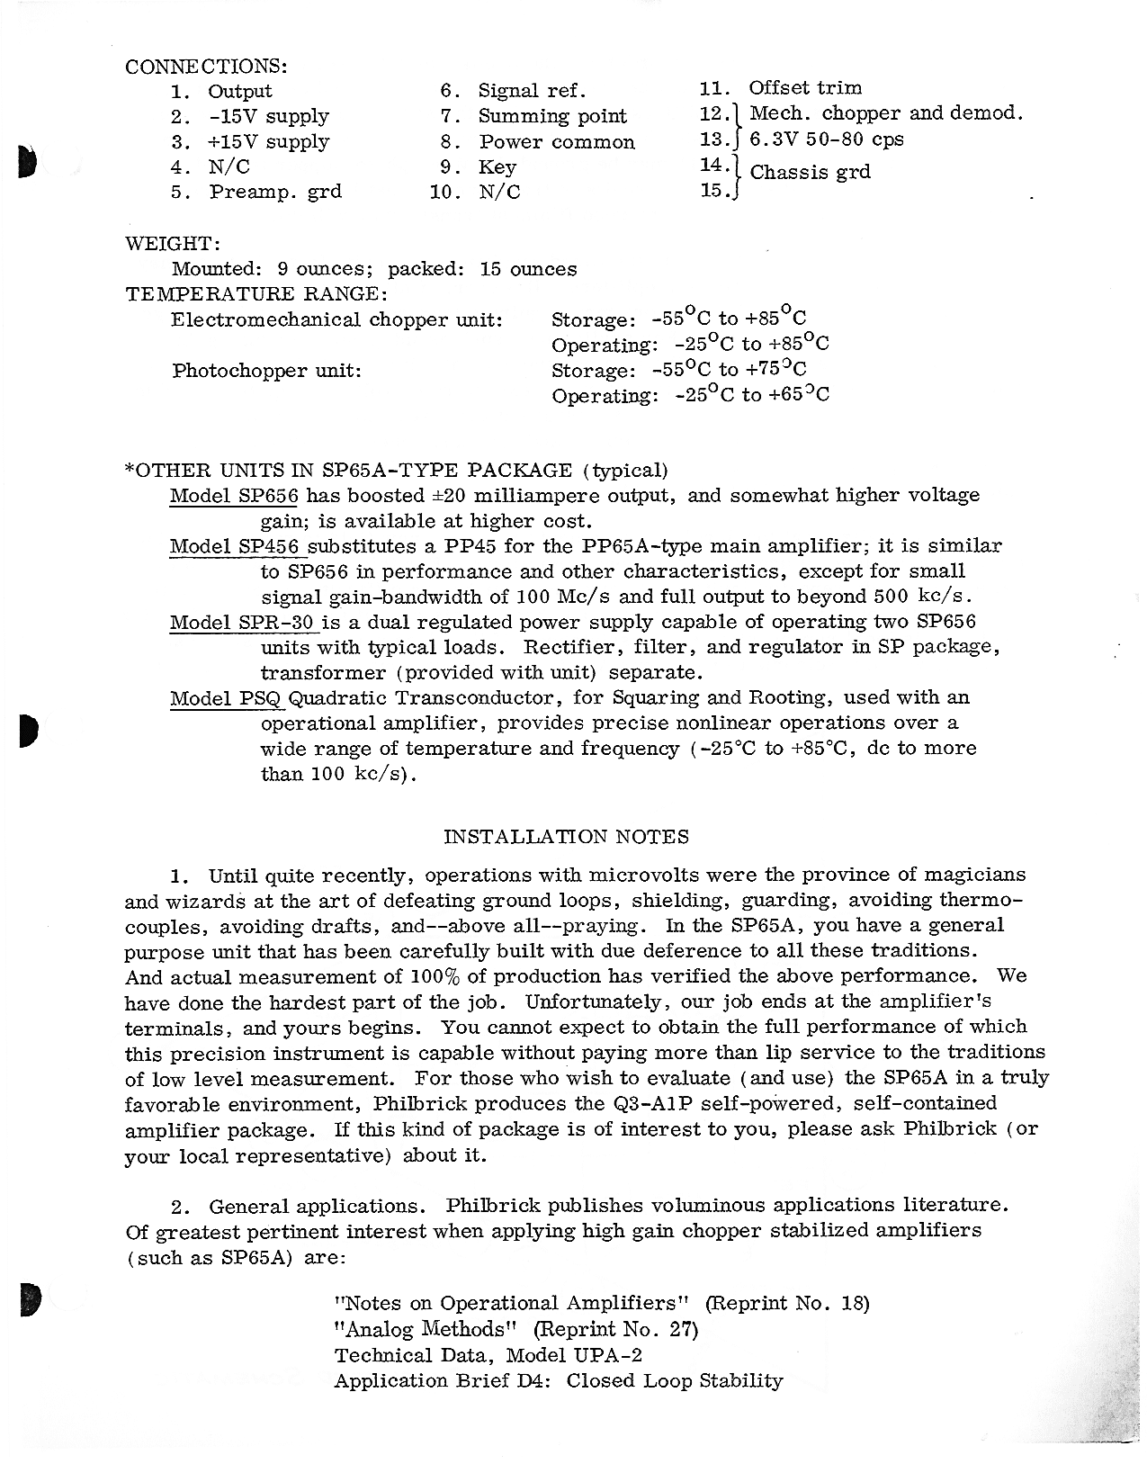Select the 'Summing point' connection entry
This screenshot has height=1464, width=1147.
click(552, 116)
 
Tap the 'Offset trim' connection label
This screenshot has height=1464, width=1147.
click(805, 88)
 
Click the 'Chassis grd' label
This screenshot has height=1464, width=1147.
click(810, 172)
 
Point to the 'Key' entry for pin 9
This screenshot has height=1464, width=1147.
click(497, 167)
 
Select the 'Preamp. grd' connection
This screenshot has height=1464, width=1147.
click(275, 192)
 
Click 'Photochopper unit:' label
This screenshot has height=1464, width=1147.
click(266, 370)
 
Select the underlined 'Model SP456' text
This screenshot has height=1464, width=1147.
click(237, 546)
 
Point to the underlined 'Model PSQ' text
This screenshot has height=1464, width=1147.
click(226, 697)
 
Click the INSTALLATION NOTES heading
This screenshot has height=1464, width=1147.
click(567, 837)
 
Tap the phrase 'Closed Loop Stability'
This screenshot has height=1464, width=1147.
click(674, 1380)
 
